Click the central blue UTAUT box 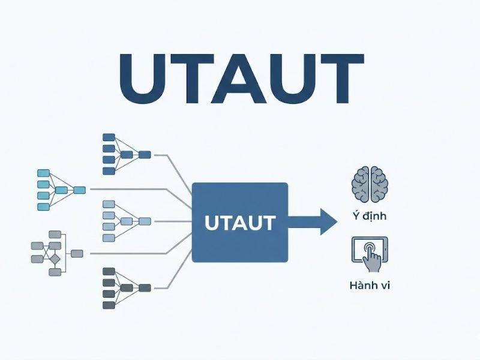(240, 223)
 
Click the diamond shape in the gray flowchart (54, 259)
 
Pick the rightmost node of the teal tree (79, 190)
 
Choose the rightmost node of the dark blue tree (145, 155)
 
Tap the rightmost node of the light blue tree (145, 221)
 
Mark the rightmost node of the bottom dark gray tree (145, 288)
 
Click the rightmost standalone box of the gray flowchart (77, 254)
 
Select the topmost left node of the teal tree (43, 173)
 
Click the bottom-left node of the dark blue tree (109, 171)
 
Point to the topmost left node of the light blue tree (109, 205)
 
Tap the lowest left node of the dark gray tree (109, 305)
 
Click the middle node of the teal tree (61, 190)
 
